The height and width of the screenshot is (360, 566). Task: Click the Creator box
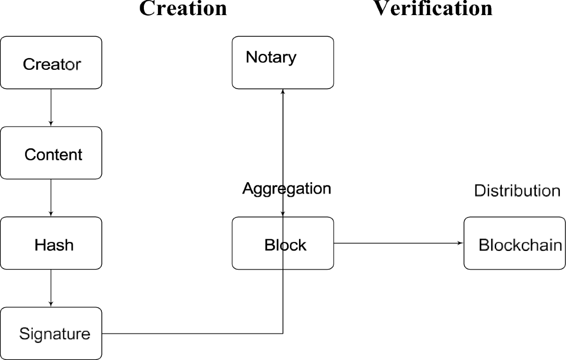tap(51, 63)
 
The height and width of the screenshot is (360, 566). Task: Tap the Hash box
tap(51, 243)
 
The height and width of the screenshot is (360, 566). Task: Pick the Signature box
tap(51, 333)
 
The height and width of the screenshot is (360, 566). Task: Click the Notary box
tap(283, 62)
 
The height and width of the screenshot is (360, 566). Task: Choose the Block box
tap(283, 243)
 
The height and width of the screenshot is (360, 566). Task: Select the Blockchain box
tap(515, 243)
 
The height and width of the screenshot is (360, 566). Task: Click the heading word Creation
tap(183, 8)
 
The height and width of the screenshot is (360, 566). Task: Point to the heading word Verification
tap(433, 8)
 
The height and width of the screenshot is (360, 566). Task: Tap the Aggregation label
tap(286, 189)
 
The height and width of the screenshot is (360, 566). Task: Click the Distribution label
tap(516, 191)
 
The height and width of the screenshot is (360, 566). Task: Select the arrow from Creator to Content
tap(51, 108)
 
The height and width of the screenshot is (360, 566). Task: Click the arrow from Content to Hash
tap(51, 198)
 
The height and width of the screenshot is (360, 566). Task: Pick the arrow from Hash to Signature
tap(51, 288)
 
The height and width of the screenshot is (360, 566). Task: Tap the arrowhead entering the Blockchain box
tap(461, 243)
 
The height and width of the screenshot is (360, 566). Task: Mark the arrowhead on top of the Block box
tap(283, 214)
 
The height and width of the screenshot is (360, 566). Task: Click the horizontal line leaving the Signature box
tap(189, 334)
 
